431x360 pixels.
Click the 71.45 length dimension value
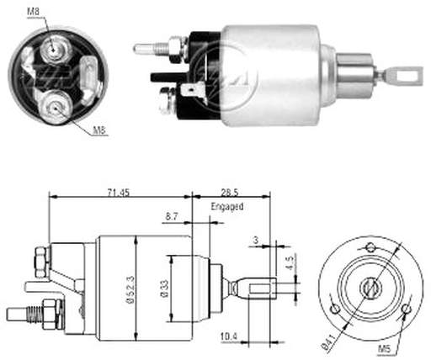[119, 193]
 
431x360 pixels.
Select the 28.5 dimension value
[229, 193]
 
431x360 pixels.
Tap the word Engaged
[227, 207]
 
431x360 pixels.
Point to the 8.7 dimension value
[172, 216]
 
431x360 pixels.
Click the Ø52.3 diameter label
[130, 289]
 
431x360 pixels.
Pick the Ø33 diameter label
[165, 289]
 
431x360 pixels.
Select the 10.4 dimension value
[229, 336]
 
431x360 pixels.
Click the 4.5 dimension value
[290, 262]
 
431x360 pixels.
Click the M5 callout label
[384, 349]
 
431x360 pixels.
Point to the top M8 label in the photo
[34, 12]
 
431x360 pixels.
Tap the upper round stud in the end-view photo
[53, 50]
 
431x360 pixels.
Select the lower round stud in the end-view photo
[56, 107]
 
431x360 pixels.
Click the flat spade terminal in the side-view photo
[192, 90]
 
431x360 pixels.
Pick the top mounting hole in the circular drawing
[370, 247]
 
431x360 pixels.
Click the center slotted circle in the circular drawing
[371, 288]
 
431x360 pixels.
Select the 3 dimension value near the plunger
[255, 241]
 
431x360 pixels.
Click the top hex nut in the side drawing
[42, 262]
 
